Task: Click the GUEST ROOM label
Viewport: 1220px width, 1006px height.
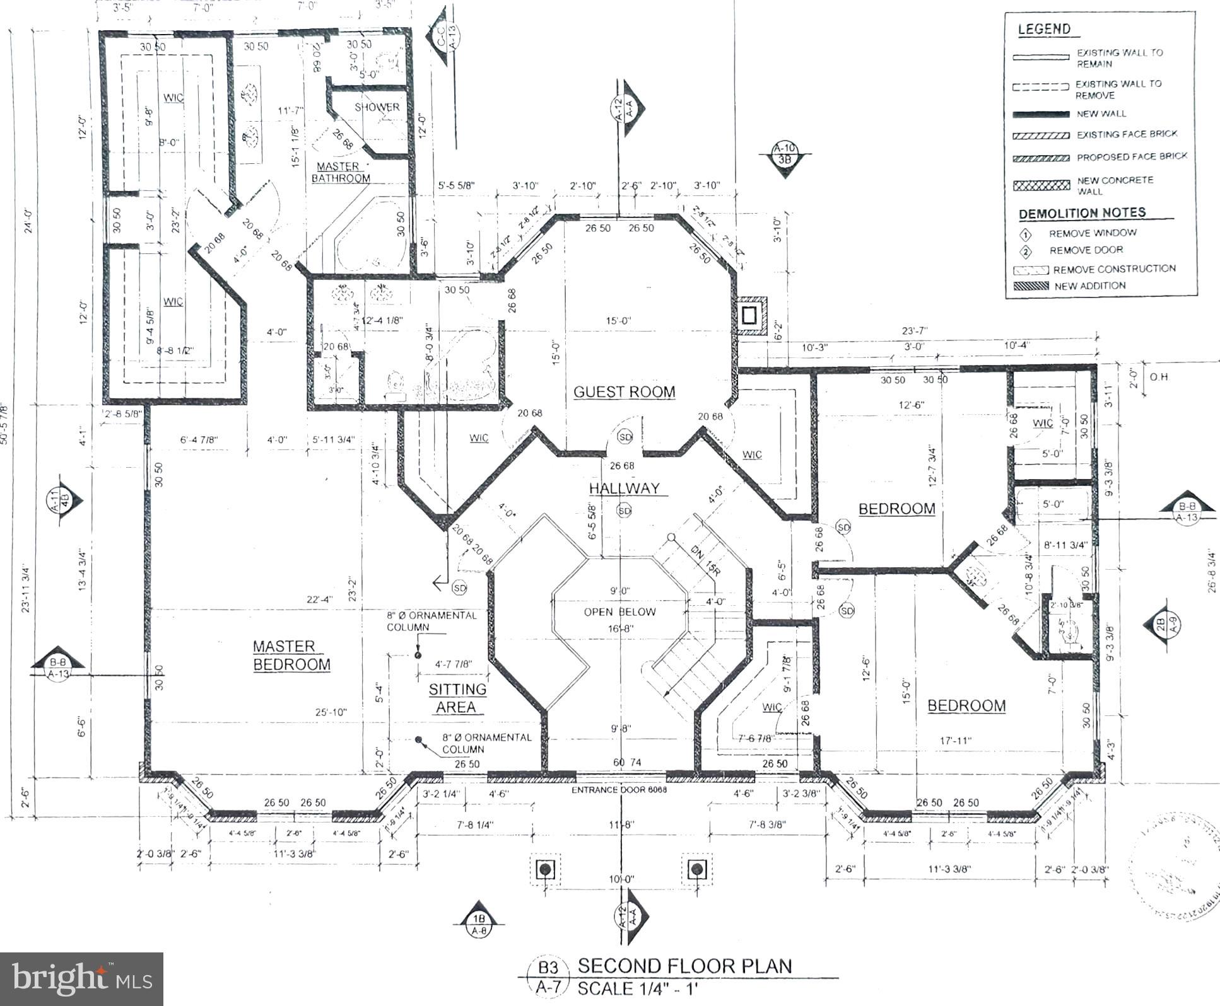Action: click(624, 392)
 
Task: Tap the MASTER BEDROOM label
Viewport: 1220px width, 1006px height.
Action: click(291, 656)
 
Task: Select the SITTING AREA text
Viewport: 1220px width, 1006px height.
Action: click(457, 698)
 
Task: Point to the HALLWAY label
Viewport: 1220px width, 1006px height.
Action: click(624, 489)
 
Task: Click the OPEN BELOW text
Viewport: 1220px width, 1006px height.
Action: click(619, 612)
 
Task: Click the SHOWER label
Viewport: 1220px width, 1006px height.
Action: click(377, 107)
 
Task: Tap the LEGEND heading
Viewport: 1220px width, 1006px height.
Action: click(1044, 29)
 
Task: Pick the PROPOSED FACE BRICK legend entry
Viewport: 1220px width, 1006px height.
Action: click(1132, 156)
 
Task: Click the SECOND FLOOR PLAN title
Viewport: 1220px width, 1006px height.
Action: click(684, 966)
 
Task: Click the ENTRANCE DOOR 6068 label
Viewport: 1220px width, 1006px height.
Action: click(619, 790)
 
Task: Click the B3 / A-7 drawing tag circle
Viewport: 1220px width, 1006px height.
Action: click(548, 976)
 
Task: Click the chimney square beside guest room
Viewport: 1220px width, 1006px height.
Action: click(749, 315)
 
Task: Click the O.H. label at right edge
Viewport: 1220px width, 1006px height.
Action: click(1159, 377)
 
